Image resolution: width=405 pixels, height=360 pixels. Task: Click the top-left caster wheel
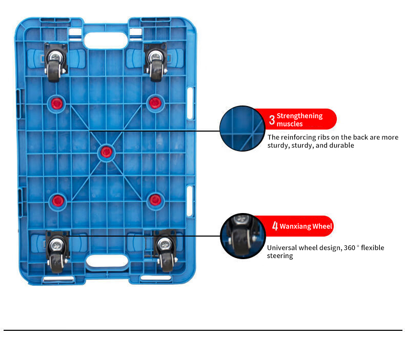[x=55, y=62]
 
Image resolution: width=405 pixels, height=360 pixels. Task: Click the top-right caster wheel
[x=155, y=62]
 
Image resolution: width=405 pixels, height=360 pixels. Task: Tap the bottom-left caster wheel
[x=57, y=251]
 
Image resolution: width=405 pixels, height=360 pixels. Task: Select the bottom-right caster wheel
[x=165, y=250]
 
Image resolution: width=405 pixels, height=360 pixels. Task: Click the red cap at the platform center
[x=106, y=152]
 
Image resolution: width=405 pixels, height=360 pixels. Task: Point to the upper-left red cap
[x=57, y=104]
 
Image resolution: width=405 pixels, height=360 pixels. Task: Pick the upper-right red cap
[x=155, y=103]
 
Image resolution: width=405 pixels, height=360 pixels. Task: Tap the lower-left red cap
[x=58, y=201]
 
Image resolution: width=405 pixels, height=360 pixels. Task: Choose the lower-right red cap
[x=155, y=200]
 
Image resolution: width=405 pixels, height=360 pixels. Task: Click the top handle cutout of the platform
[x=106, y=40]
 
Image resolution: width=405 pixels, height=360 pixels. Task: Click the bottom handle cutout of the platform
[x=107, y=261]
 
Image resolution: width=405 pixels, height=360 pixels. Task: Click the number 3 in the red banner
[x=272, y=120]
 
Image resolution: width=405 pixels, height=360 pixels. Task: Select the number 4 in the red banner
[x=275, y=226]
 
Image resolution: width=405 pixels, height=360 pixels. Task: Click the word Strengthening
[x=299, y=116]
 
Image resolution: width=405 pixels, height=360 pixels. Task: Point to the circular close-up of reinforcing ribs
[x=242, y=128]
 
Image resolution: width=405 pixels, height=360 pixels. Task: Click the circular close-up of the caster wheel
[x=243, y=236]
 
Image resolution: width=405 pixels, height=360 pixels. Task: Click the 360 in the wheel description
[x=350, y=248]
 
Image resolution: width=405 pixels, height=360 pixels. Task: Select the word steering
[x=280, y=256]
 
